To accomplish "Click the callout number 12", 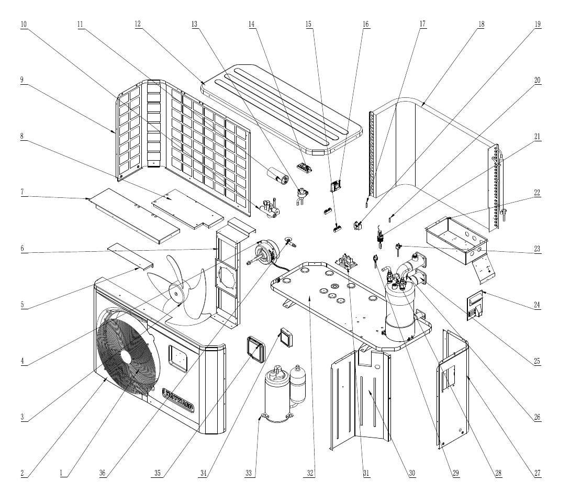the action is (x=138, y=25).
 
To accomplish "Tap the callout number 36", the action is (x=102, y=473).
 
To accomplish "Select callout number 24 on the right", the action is (x=537, y=305).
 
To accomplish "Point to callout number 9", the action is (x=22, y=80).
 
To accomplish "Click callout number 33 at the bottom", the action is (x=248, y=473).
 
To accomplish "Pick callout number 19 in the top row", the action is (x=538, y=25).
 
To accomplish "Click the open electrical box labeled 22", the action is (x=456, y=240).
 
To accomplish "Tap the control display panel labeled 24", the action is (x=475, y=306).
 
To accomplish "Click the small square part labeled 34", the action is (x=286, y=337).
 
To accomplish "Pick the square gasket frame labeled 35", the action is (x=256, y=349).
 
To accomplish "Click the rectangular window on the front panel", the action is (x=178, y=359).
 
